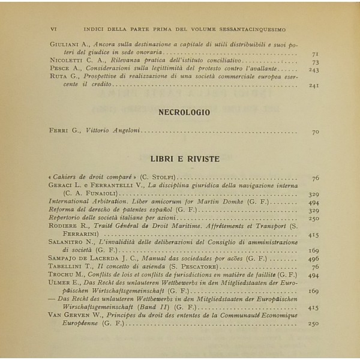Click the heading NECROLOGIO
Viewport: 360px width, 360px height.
tap(184, 112)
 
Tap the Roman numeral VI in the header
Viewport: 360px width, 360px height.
tap(55, 28)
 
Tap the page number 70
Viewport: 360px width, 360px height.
tap(316, 131)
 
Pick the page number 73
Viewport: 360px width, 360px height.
tap(316, 62)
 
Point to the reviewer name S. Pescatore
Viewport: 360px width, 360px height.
tap(199, 266)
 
